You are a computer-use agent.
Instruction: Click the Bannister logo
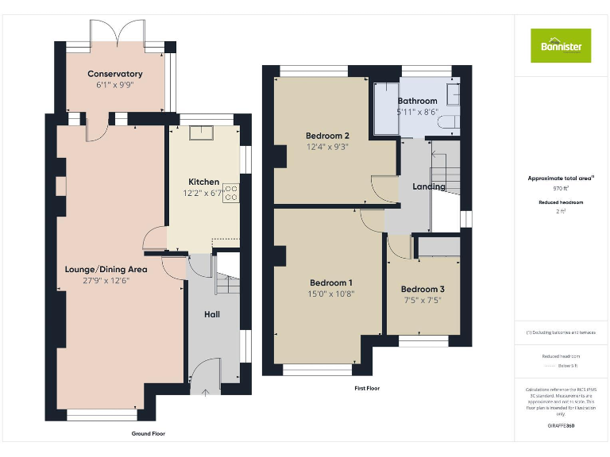click(561, 45)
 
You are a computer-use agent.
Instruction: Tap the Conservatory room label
click(114, 74)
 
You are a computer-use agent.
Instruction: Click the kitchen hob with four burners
click(232, 193)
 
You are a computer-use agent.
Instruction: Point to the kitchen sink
click(198, 132)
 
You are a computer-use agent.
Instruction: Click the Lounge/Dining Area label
click(106, 269)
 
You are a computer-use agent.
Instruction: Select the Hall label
click(212, 314)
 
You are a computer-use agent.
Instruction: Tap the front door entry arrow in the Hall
click(206, 390)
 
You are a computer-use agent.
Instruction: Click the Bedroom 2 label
click(326, 136)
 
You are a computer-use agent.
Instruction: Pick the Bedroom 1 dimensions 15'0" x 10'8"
click(331, 293)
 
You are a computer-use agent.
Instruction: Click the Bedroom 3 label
click(423, 289)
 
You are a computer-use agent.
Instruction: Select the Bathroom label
click(417, 101)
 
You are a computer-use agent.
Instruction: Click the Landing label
click(428, 186)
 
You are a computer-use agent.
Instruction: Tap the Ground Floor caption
click(149, 434)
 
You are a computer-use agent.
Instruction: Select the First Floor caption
click(367, 388)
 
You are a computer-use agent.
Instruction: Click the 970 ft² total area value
click(561, 189)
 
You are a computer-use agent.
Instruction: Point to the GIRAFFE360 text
click(561, 426)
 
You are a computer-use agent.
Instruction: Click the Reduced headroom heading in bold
click(561, 202)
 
